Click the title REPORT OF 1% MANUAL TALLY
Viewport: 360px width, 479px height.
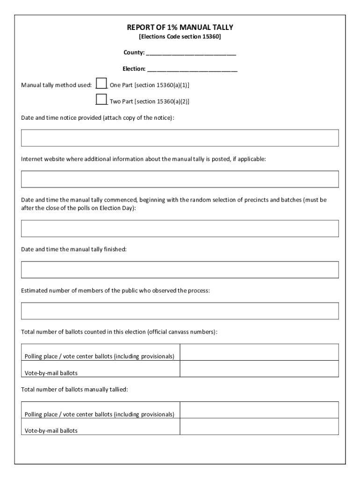coord(180,28)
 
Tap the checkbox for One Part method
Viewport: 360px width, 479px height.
coord(101,83)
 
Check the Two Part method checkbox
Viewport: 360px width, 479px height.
coord(101,99)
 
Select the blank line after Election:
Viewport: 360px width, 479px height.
coord(192,69)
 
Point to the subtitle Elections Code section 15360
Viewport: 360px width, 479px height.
coord(180,36)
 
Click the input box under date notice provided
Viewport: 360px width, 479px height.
coord(180,138)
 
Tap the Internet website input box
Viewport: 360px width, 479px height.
coord(180,179)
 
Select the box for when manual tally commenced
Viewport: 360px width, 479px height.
coord(180,228)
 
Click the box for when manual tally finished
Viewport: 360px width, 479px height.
coord(180,269)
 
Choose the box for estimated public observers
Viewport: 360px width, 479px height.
coord(180,311)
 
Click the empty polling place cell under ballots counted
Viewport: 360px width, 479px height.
coord(259,352)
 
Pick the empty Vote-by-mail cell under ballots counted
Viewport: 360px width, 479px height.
coord(259,369)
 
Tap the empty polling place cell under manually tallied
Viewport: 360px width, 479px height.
coord(259,410)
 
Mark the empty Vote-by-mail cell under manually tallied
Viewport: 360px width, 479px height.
coord(259,426)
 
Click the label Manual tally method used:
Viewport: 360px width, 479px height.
coord(56,85)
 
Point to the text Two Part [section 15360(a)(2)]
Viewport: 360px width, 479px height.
coord(149,101)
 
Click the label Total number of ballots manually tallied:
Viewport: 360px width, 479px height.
coord(74,389)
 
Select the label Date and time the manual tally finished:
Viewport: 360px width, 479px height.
coord(74,249)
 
